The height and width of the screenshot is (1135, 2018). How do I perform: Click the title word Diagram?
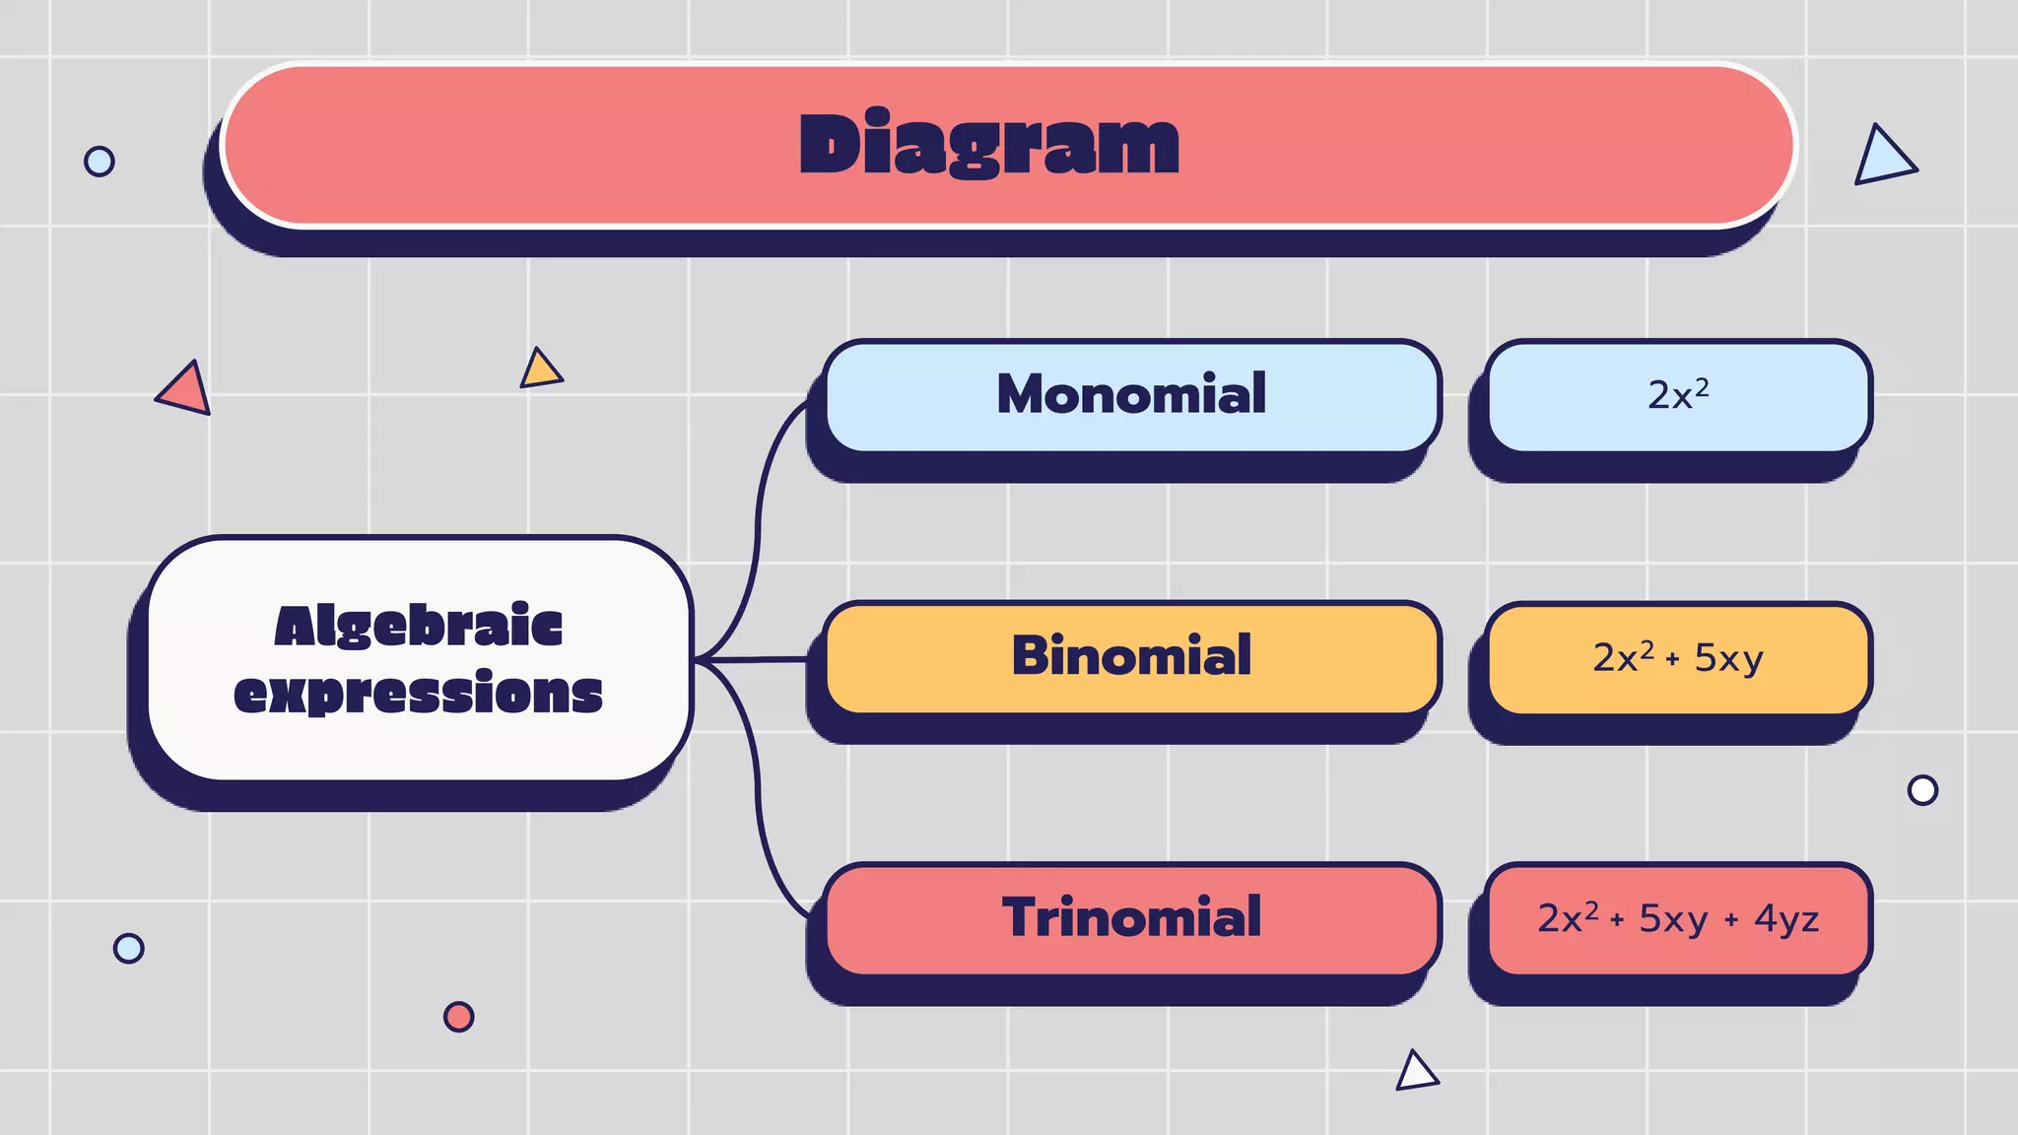[x=988, y=145]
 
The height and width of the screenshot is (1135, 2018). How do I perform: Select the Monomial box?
[x=1131, y=396]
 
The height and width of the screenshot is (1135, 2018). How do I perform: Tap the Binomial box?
[x=1131, y=657]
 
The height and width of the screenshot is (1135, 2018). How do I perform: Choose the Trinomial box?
[x=1131, y=918]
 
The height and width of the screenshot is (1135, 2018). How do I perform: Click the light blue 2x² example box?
[x=1678, y=396]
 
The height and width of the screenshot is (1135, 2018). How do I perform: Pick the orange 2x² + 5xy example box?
[x=1678, y=657]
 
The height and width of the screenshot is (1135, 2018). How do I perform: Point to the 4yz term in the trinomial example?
[x=1785, y=919]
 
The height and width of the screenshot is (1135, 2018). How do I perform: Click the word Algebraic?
[x=419, y=627]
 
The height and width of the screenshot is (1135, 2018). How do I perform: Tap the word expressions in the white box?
[x=419, y=693]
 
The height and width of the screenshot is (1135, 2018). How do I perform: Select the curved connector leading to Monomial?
[x=759, y=512]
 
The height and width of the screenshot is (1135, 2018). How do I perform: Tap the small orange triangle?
[x=540, y=369]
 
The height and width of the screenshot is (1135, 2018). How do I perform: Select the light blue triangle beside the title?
[x=1882, y=158]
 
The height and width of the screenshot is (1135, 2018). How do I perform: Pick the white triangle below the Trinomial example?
[x=1416, y=1072]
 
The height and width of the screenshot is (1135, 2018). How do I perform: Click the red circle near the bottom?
[x=458, y=1017]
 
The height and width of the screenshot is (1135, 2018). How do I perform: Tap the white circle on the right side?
[x=1922, y=790]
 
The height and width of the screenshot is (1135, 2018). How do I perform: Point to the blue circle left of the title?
[x=100, y=161]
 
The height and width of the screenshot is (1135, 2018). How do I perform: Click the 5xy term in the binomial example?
[x=1728, y=658]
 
